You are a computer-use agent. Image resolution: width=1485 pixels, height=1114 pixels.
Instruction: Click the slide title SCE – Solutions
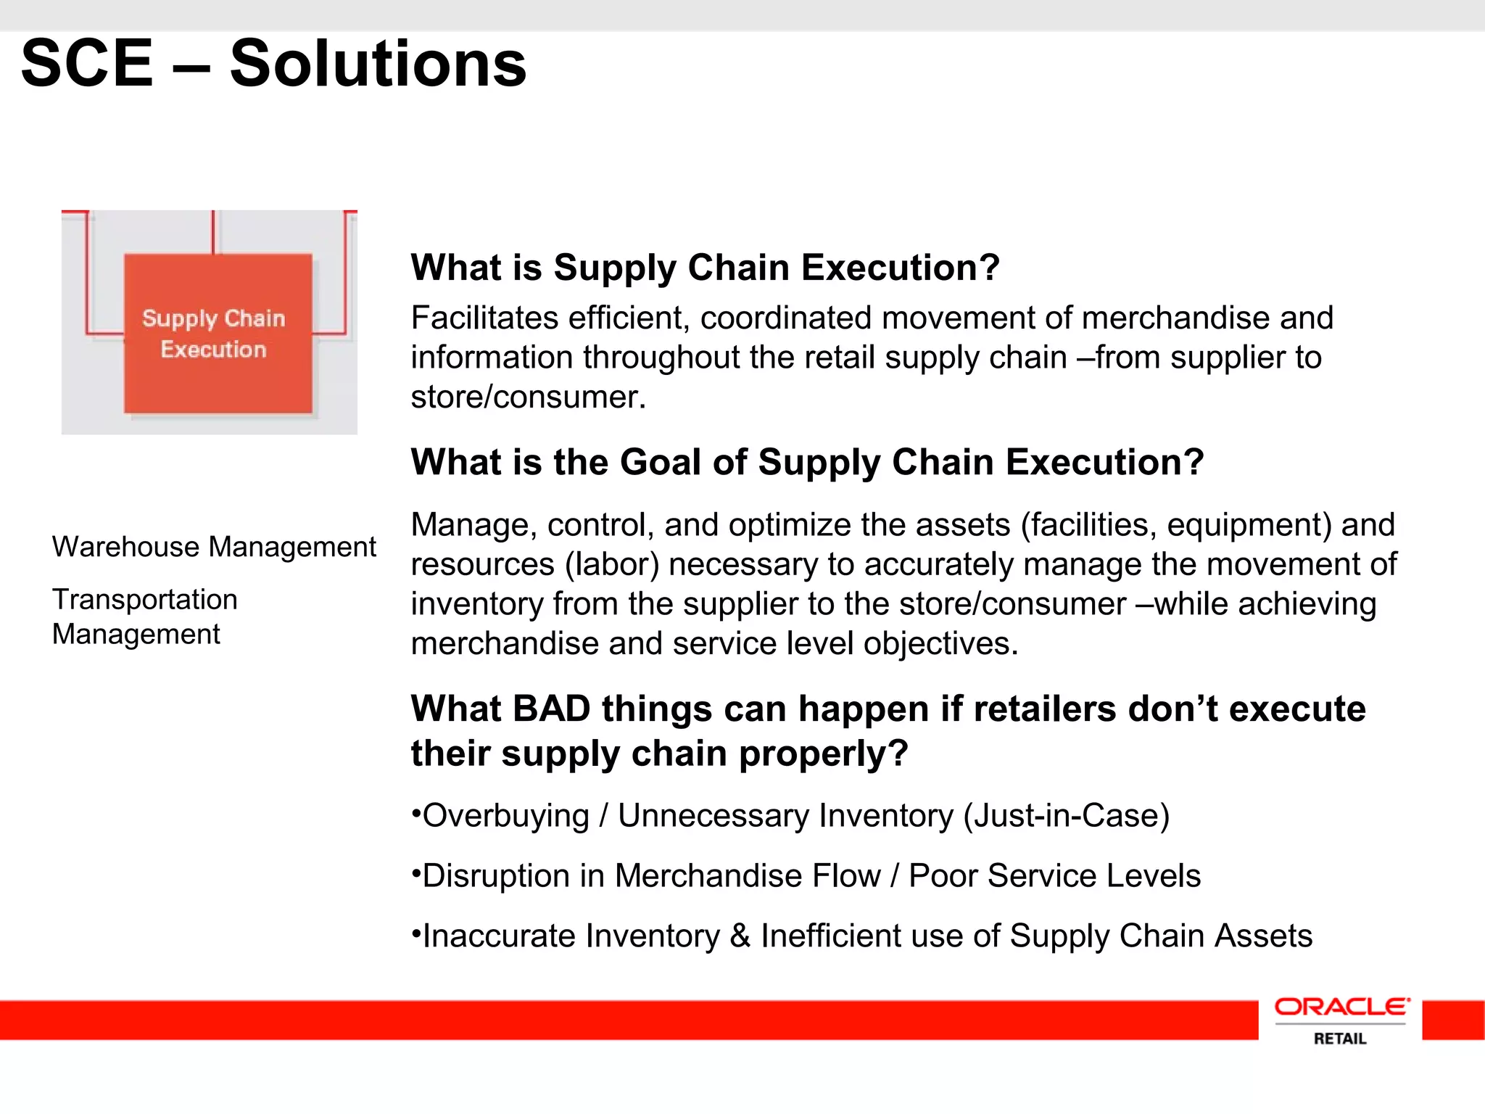click(273, 64)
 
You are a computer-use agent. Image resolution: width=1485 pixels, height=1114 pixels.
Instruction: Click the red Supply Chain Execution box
click(218, 334)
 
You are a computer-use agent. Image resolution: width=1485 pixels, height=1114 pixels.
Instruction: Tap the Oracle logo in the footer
click(1341, 1007)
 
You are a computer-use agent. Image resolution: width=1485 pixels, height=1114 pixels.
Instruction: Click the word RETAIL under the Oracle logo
click(1340, 1039)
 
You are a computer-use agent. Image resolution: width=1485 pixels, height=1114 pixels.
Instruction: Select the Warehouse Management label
click(214, 547)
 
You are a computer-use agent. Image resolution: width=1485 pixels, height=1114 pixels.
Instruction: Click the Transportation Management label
click(144, 616)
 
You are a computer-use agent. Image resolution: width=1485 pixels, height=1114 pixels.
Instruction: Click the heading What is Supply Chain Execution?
click(705, 268)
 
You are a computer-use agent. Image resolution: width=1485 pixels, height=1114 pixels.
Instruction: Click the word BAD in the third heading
click(551, 709)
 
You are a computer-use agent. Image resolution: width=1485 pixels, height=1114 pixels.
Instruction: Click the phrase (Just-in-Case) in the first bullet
click(1066, 816)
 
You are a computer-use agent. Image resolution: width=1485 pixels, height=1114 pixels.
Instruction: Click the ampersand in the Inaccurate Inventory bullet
click(740, 936)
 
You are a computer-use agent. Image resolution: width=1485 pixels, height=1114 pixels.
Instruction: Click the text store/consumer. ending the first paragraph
click(528, 397)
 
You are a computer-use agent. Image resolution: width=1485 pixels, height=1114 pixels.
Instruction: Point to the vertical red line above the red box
click(213, 231)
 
